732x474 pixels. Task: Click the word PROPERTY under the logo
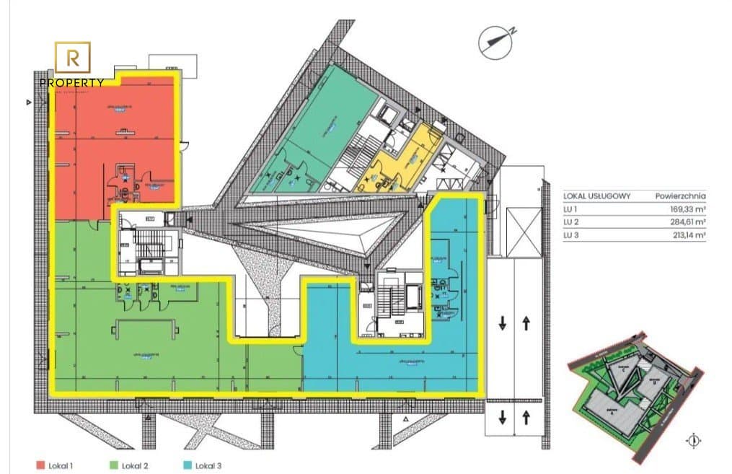pyautogui.click(x=72, y=82)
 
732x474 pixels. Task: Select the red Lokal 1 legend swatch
pyautogui.click(x=40, y=465)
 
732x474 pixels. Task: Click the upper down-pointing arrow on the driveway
pyautogui.click(x=502, y=322)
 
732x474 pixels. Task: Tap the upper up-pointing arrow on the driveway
pyautogui.click(x=526, y=322)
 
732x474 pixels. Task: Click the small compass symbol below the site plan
pyautogui.click(x=694, y=440)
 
